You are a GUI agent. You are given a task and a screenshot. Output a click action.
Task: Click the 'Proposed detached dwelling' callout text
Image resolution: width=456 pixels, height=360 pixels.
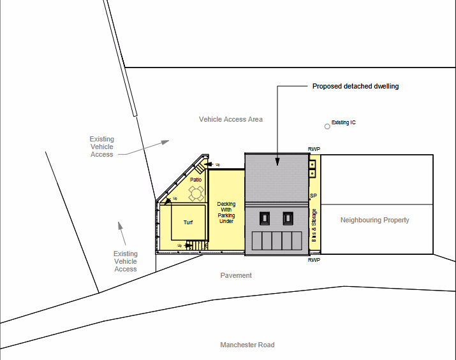pyautogui.click(x=355, y=86)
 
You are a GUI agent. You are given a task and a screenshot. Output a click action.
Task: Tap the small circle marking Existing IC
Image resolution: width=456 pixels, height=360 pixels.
pyautogui.click(x=327, y=126)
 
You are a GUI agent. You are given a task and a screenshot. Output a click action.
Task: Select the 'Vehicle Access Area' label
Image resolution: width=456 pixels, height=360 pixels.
pyautogui.click(x=230, y=119)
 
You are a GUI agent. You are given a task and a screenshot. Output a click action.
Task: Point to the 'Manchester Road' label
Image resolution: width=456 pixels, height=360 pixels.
pyautogui.click(x=247, y=345)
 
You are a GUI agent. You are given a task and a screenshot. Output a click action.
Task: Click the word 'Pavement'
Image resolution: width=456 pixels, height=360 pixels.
pyautogui.click(x=236, y=275)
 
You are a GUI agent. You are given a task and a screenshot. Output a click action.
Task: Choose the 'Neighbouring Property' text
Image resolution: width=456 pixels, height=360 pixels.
pyautogui.click(x=374, y=220)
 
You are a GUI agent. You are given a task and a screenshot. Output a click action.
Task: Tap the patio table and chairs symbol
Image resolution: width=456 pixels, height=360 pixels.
pyautogui.click(x=196, y=192)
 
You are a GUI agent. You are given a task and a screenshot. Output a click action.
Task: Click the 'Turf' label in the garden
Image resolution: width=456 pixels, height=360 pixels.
pyautogui.click(x=188, y=222)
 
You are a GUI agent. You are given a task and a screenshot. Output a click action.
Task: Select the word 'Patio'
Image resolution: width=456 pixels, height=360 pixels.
pyautogui.click(x=196, y=180)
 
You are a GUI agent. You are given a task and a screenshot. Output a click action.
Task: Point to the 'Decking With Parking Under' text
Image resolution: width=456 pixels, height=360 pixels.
pyautogui.click(x=226, y=213)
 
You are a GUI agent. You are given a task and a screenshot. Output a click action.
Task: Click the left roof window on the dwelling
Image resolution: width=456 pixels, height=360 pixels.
pyautogui.click(x=264, y=219)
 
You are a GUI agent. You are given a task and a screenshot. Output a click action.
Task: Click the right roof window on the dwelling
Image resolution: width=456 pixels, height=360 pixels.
pyautogui.click(x=288, y=219)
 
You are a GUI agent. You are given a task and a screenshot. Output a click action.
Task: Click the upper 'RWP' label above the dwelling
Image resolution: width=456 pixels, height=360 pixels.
pyautogui.click(x=314, y=149)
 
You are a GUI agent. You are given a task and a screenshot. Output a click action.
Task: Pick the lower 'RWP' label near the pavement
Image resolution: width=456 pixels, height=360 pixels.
pyautogui.click(x=314, y=260)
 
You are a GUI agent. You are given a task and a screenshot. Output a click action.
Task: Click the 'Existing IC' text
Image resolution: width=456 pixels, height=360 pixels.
pyautogui.click(x=344, y=122)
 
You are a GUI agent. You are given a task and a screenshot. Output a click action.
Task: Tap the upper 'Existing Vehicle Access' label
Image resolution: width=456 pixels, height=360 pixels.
pyautogui.click(x=101, y=147)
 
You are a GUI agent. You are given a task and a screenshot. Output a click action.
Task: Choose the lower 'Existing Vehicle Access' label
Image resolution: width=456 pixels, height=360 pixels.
pyautogui.click(x=125, y=261)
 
